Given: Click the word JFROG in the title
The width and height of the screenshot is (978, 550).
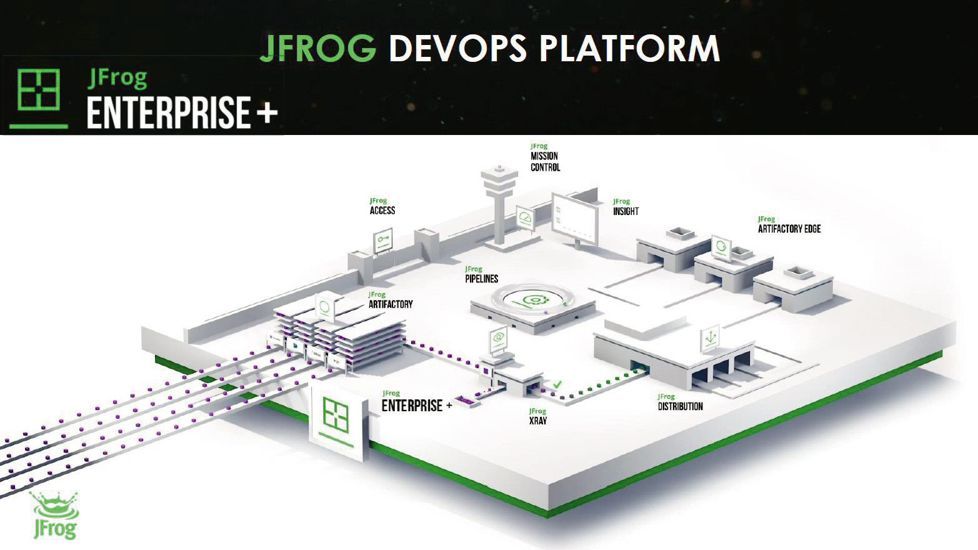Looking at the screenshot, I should coord(317,48).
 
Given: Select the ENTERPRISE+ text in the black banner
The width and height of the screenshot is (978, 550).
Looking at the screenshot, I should coord(181,112).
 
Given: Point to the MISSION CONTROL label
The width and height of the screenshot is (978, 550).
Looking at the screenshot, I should coord(545,161).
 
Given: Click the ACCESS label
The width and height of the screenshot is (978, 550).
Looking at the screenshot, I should coord(382,211).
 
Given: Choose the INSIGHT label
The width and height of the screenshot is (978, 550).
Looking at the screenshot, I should coord(626,211).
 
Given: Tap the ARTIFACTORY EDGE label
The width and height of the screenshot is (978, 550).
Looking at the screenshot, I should coord(789,229).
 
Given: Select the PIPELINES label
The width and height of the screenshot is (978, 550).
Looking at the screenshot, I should coord(482,279).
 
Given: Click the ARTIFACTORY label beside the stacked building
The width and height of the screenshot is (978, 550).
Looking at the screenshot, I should coord(391,304).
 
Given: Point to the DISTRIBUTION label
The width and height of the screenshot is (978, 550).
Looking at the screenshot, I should coord(680,406).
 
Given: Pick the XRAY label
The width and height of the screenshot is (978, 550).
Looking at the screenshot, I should coord(537,421).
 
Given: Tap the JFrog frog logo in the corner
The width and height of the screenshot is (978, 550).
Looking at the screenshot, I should coord(55,515).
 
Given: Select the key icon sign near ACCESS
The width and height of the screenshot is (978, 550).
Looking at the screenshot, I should coord(383,240).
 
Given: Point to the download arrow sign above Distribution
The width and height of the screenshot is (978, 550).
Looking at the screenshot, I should coord(710,337).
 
